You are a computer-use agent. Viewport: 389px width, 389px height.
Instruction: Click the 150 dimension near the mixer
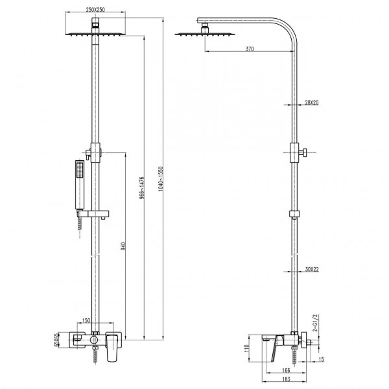pyautogui.click(x=87, y=320)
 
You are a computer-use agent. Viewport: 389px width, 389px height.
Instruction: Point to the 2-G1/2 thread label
pyautogui.click(x=316, y=322)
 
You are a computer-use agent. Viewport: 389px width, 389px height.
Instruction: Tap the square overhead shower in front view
pyautogui.click(x=97, y=32)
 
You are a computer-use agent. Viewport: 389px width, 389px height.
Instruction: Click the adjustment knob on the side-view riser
pyautogui.click(x=304, y=154)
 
